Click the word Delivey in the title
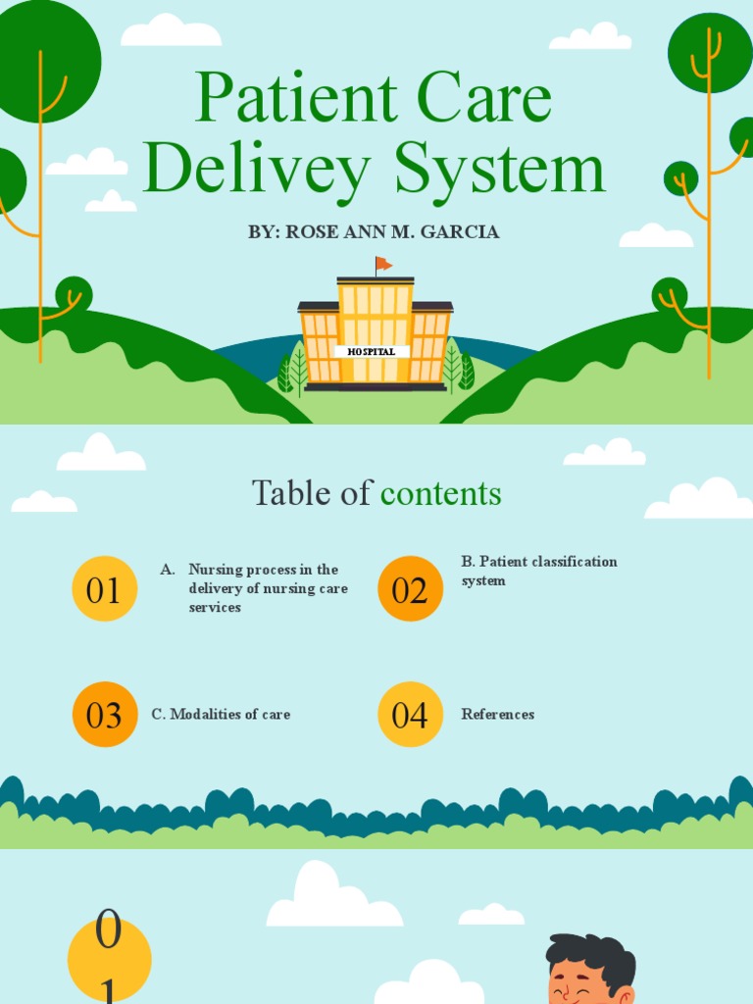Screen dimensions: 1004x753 coord(257,170)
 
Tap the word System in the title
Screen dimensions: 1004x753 coord(499,170)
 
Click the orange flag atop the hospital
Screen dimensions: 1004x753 coord(383,264)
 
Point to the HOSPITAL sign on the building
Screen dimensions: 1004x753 coord(372,351)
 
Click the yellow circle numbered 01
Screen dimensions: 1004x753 coord(104,589)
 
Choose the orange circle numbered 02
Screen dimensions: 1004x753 coord(410,589)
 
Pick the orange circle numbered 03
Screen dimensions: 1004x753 coord(104,715)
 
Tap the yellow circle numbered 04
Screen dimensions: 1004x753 coord(410,715)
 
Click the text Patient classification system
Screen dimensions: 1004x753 coord(538,571)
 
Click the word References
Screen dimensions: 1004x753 coord(497,715)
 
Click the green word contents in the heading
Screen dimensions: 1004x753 coord(440,493)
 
